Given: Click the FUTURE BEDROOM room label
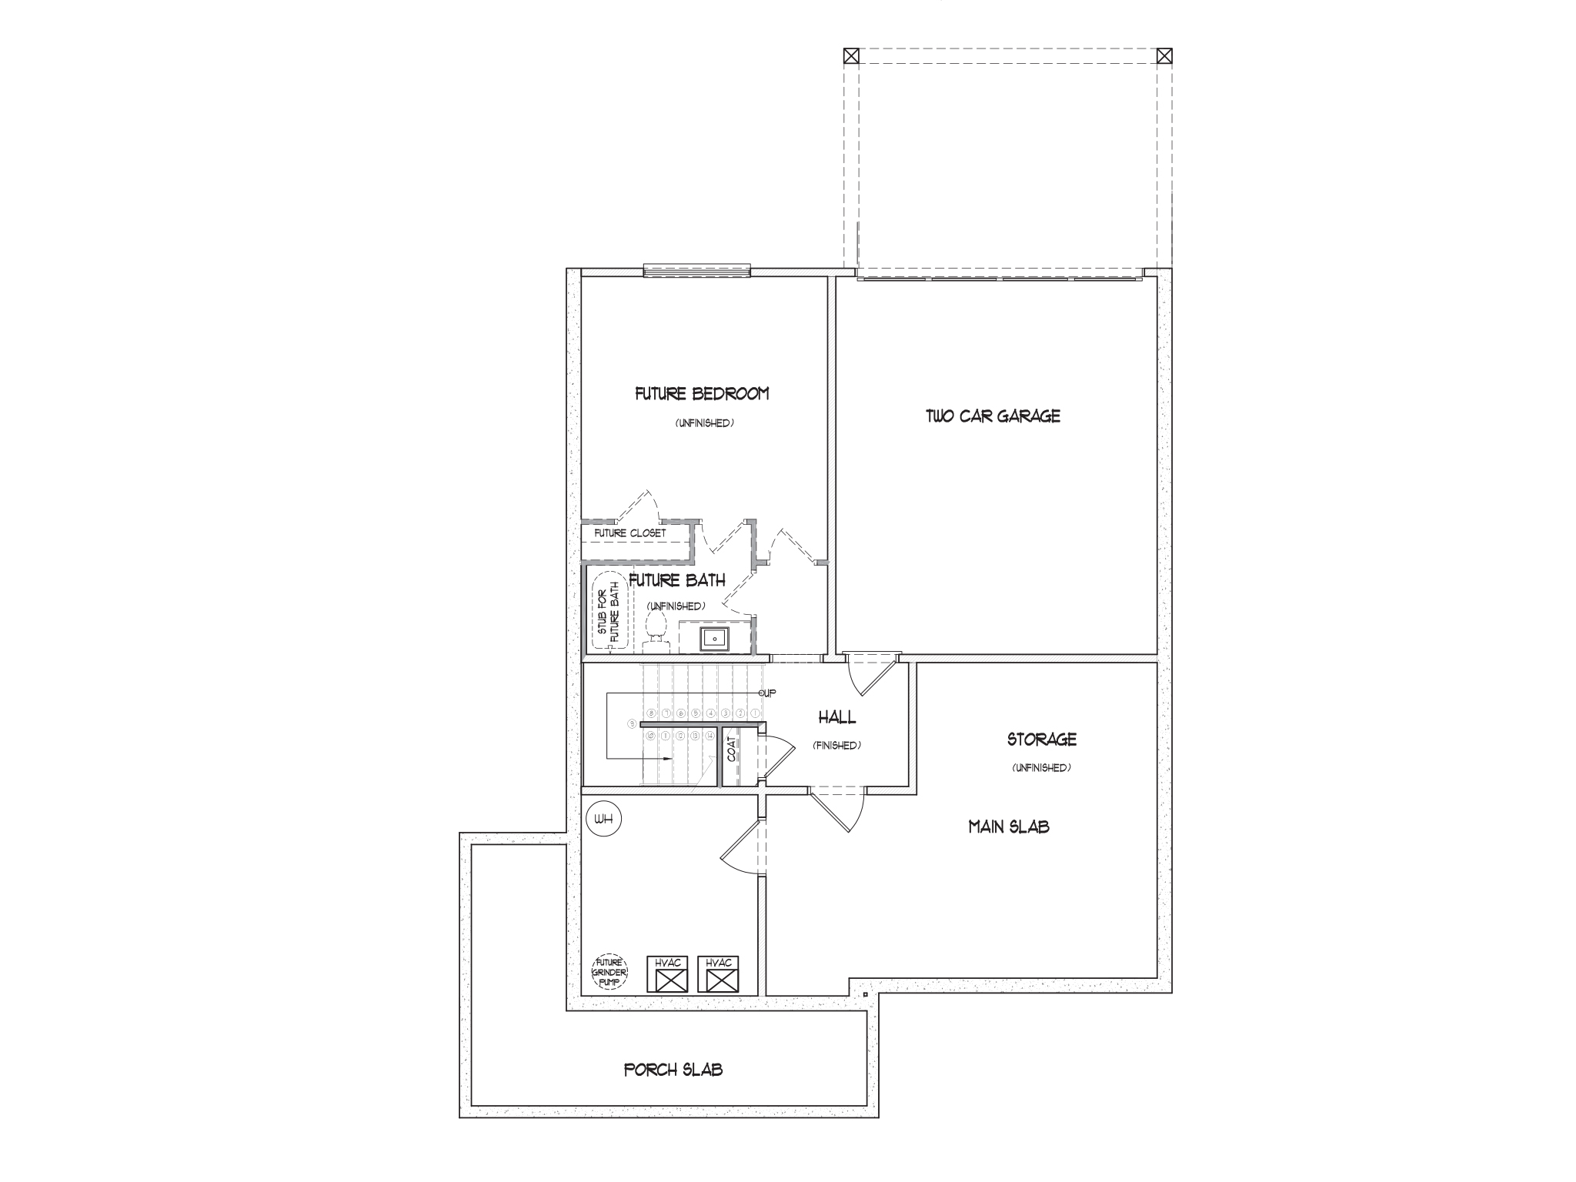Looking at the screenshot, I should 701,394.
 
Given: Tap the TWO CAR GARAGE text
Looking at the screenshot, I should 993,416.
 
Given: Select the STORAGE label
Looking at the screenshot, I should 1041,740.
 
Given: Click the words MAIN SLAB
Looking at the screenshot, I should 1008,827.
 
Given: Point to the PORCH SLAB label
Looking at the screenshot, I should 673,1070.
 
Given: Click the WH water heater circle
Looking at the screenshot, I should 603,820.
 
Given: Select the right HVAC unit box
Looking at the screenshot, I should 718,974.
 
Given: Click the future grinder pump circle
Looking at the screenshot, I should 609,973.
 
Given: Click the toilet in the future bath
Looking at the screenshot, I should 656,625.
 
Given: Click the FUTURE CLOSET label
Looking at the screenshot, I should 630,533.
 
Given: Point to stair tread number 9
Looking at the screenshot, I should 633,724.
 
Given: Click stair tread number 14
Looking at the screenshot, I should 710,736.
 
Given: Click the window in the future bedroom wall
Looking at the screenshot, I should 696,270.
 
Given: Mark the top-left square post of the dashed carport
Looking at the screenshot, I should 850,55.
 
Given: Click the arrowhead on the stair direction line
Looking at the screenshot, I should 667,759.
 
